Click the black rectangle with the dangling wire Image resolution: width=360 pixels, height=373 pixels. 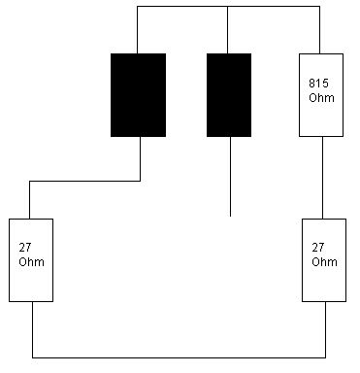pyautogui.click(x=229, y=95)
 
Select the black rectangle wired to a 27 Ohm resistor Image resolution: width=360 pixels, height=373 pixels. pyautogui.click(x=138, y=95)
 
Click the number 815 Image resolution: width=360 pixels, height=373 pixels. pyautogui.click(x=318, y=84)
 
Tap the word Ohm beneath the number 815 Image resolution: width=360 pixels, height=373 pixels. pyautogui.click(x=321, y=97)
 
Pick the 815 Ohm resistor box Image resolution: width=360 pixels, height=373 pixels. pyautogui.click(x=321, y=95)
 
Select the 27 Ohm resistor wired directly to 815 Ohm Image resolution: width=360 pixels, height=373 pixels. pyautogui.click(x=324, y=260)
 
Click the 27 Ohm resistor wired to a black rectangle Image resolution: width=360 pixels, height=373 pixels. pyautogui.click(x=31, y=260)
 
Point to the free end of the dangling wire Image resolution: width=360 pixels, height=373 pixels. pyautogui.click(x=230, y=216)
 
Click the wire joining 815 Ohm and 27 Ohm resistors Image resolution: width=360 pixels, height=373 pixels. pyautogui.click(x=322, y=178)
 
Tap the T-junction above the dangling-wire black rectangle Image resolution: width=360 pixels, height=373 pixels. pyautogui.click(x=227, y=6)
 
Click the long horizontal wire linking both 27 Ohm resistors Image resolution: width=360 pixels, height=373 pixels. pyautogui.click(x=179, y=357)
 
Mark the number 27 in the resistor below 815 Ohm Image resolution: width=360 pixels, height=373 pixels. pyautogui.click(x=318, y=248)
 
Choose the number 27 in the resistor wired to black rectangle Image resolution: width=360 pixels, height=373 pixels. pyautogui.click(x=25, y=248)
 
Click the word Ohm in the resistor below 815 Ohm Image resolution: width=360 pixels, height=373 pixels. pyautogui.click(x=324, y=261)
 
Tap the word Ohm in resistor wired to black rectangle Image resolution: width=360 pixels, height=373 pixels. pyautogui.click(x=31, y=261)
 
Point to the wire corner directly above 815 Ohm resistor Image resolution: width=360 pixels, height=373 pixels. pyautogui.click(x=320, y=6)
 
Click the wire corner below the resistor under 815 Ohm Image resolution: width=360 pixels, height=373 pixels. pyautogui.click(x=325, y=357)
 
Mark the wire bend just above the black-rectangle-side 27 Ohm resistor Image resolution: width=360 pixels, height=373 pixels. pyautogui.click(x=29, y=181)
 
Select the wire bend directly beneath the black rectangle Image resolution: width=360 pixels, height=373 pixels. pyautogui.click(x=140, y=181)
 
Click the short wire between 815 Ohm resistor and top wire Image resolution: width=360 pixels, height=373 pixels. pyautogui.click(x=320, y=30)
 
